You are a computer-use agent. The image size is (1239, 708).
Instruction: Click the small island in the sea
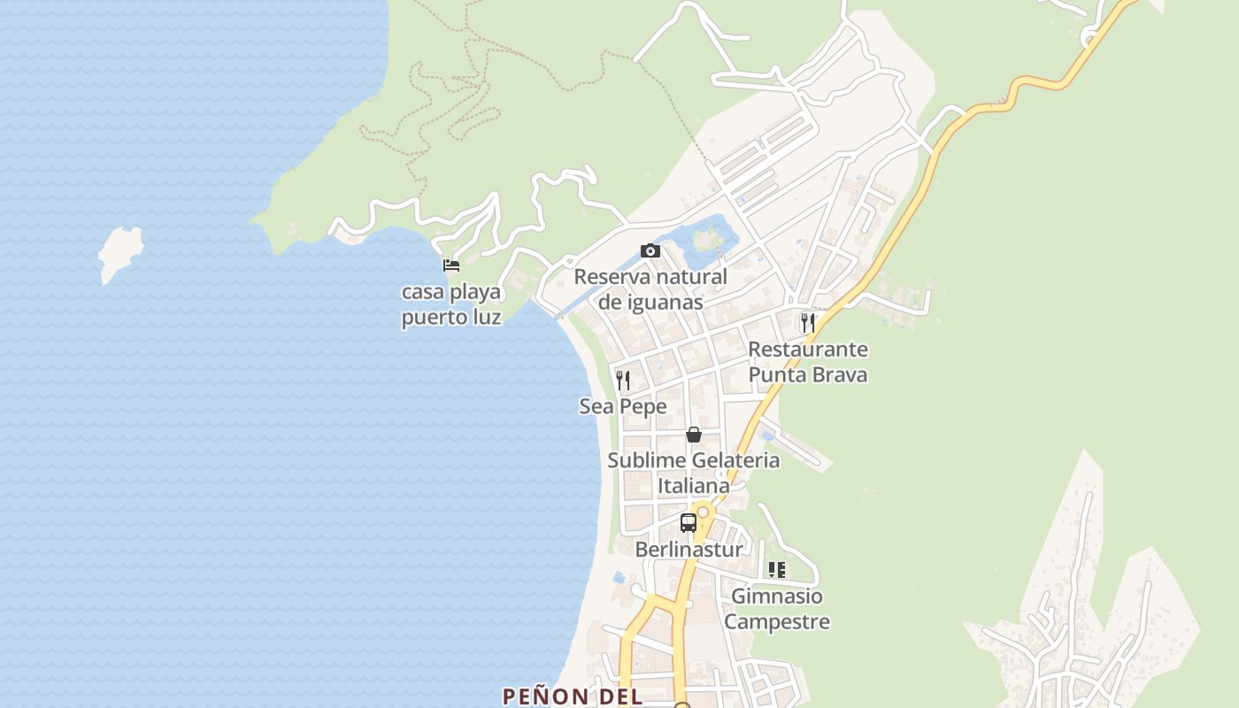tap(120, 253)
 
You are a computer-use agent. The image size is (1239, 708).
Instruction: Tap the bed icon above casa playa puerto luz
tap(451, 265)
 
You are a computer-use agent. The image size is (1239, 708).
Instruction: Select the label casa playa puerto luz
tap(451, 304)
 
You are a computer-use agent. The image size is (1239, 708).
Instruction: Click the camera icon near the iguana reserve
tap(650, 251)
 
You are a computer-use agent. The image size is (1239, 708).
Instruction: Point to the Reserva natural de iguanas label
tap(650, 289)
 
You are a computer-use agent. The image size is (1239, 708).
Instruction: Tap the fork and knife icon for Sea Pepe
tap(623, 381)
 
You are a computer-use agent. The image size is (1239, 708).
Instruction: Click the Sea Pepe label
tap(623, 407)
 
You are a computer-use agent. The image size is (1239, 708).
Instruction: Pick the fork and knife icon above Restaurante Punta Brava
tap(807, 322)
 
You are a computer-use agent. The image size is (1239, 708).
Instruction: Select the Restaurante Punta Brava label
tap(808, 362)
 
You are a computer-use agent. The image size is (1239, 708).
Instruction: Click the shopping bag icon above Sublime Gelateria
tap(694, 435)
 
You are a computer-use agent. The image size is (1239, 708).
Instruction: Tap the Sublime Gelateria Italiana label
tap(694, 473)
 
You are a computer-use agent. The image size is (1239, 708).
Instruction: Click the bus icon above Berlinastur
tap(689, 522)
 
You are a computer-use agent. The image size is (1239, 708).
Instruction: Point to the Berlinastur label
tap(689, 550)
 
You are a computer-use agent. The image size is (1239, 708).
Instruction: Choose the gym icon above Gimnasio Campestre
tap(777, 570)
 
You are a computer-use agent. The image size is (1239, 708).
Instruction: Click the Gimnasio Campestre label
tap(777, 609)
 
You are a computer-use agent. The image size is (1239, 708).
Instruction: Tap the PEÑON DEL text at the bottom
tap(573, 696)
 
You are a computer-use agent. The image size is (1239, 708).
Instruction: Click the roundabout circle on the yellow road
tap(703, 512)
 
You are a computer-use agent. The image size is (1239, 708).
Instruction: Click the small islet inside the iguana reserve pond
tap(707, 237)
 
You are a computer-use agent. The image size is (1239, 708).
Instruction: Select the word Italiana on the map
tap(694, 486)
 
